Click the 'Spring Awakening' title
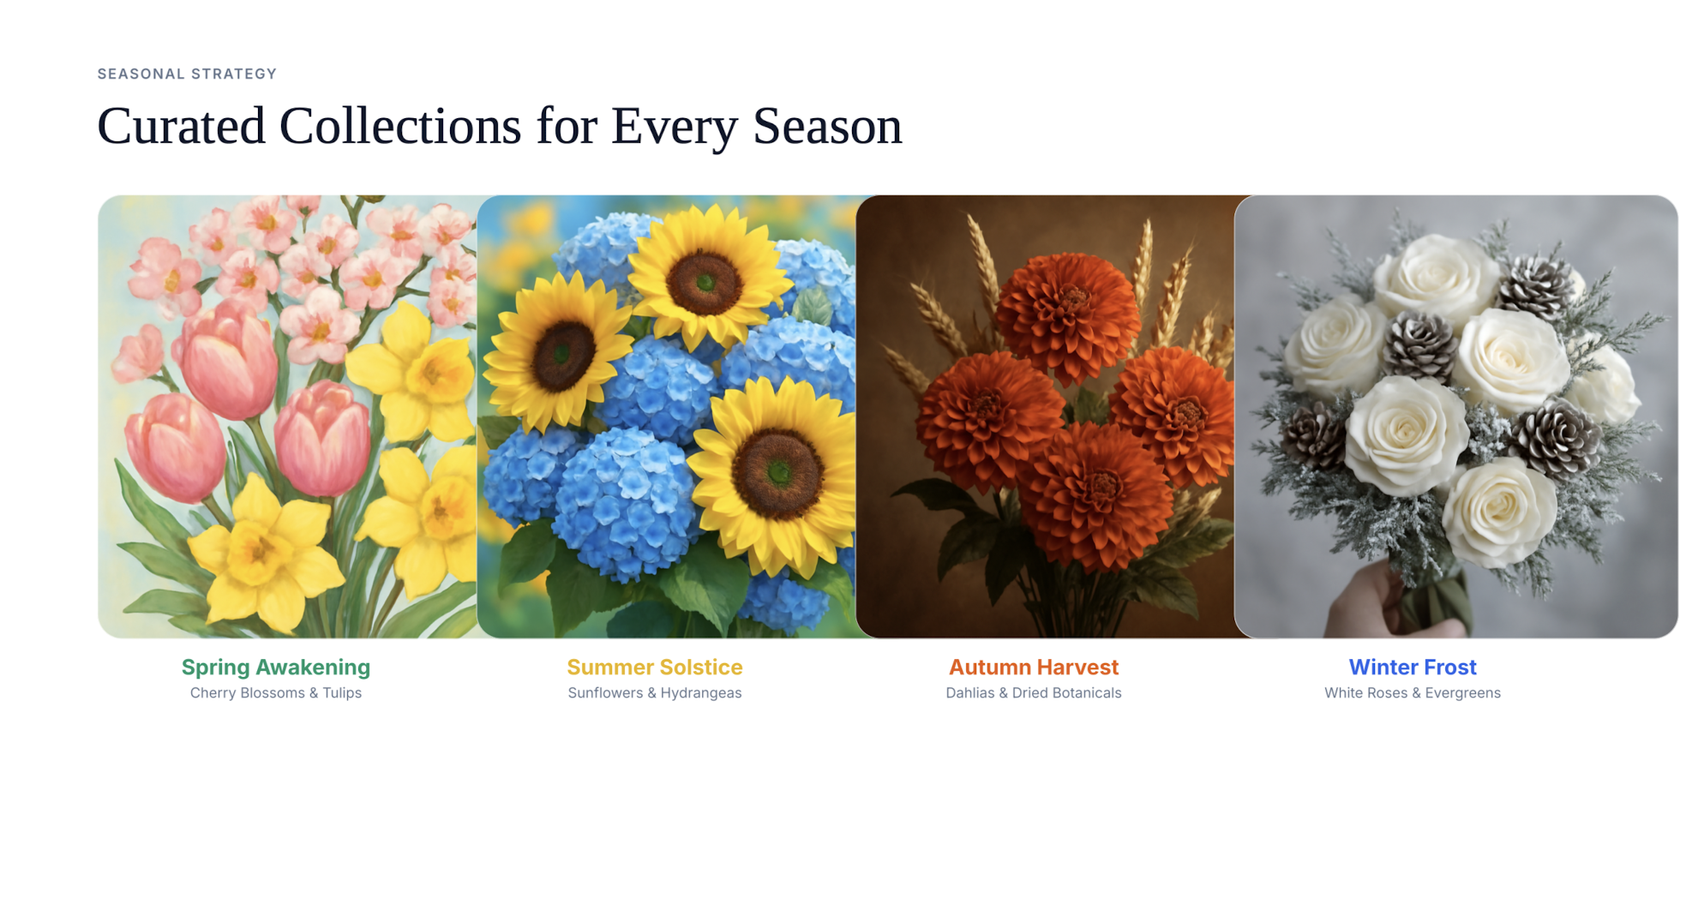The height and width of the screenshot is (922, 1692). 276,667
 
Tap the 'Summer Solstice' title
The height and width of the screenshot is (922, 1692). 655,667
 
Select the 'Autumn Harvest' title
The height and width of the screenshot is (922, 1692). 1034,667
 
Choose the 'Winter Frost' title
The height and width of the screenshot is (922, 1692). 1413,667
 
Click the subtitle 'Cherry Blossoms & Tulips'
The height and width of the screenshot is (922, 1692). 276,692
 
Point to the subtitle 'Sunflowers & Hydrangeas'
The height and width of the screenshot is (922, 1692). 655,692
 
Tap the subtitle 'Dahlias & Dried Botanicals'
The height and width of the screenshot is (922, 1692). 1034,692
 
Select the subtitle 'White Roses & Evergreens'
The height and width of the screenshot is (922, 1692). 1413,692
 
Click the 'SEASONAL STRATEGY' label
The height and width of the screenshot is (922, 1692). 187,74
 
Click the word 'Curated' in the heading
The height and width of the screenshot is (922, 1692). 181,126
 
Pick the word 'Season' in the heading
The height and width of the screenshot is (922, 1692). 827,126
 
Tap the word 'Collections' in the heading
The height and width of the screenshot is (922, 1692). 400,126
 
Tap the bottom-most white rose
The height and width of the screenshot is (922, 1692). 1499,512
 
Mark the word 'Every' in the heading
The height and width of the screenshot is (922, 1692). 674,126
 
